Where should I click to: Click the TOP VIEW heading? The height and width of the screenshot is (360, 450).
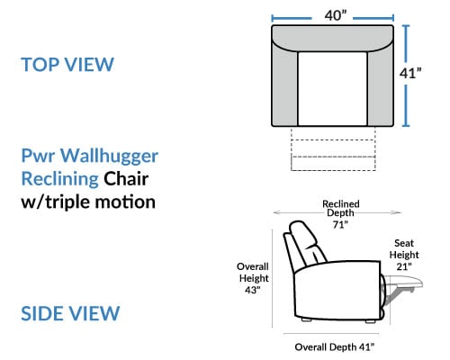(67, 64)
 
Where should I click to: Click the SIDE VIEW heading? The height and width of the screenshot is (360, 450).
(70, 313)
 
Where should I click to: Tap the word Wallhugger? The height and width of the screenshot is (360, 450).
(109, 157)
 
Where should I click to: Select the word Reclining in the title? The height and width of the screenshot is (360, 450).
(60, 179)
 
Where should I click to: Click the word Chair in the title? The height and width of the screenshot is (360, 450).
(126, 179)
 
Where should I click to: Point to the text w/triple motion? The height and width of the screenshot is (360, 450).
(88, 202)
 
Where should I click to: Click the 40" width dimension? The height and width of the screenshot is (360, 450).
(336, 15)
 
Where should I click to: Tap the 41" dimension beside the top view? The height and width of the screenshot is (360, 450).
(410, 73)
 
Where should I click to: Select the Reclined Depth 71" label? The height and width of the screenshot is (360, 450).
(341, 214)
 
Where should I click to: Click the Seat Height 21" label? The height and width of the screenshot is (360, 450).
(404, 255)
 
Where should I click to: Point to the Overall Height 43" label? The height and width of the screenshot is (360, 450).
(253, 278)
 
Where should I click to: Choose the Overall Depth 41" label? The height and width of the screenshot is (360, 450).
(335, 347)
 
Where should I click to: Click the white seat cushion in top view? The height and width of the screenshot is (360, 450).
(332, 89)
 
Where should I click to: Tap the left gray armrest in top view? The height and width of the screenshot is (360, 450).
(284, 87)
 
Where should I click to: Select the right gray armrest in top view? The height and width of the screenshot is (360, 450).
(381, 87)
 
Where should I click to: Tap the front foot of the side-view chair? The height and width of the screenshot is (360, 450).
(370, 321)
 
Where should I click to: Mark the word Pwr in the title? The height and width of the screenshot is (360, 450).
(38, 157)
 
